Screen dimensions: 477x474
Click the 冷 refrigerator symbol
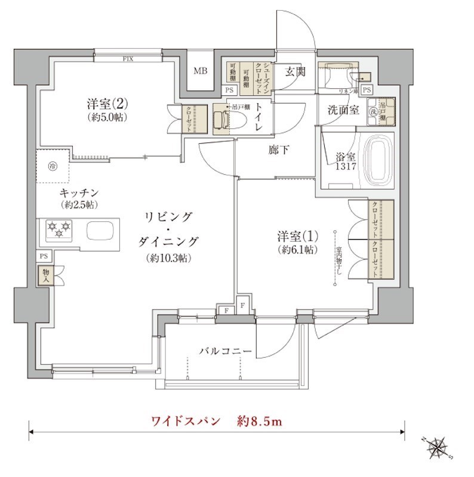tap(53, 165)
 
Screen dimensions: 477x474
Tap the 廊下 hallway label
tap(278, 150)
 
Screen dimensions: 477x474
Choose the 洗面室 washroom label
tap(342, 110)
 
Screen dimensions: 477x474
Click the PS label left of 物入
tap(44, 255)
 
